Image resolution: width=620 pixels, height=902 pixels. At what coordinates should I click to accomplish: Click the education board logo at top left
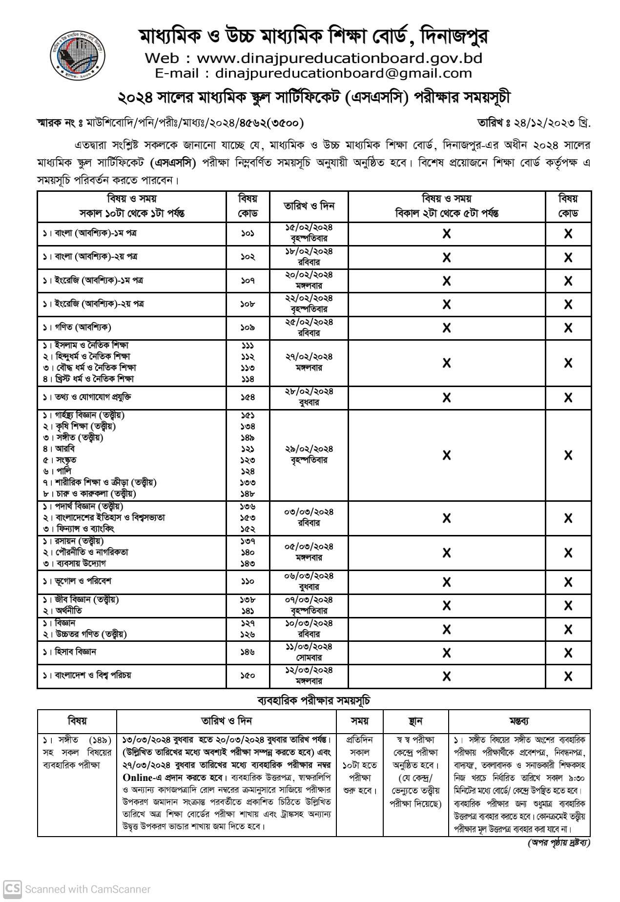pos(78,51)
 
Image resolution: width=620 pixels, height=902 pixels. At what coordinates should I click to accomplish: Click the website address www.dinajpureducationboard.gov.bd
pos(339,59)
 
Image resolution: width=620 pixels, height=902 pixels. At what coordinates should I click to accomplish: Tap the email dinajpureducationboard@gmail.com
pos(343,74)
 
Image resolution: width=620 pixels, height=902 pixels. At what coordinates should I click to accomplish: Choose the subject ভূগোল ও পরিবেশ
pos(78,581)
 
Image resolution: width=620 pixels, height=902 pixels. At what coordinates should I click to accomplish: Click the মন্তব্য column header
pos(518,721)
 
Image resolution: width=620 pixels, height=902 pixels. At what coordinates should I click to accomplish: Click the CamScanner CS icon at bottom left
pos(12,889)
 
